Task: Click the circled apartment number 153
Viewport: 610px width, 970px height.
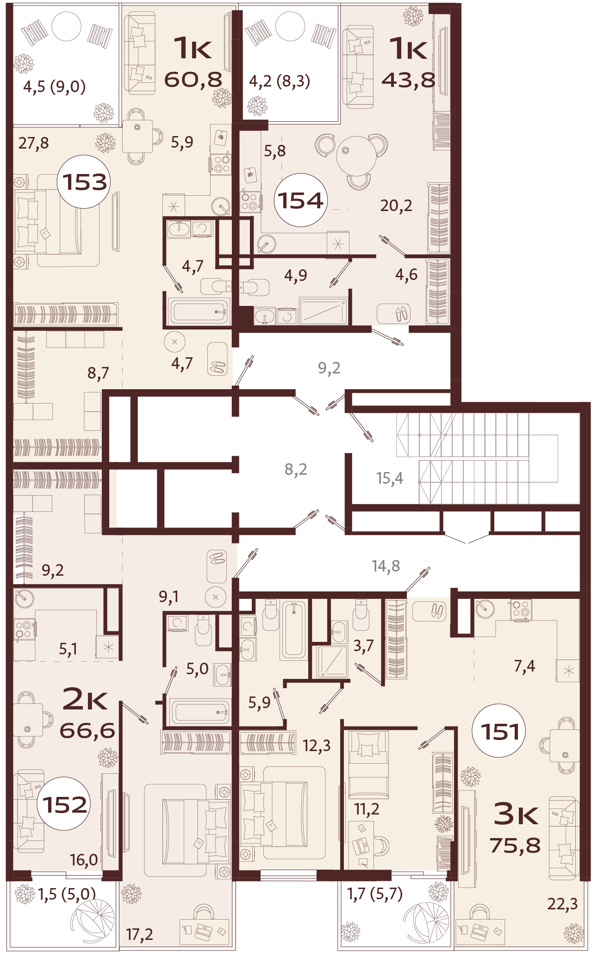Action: point(84,181)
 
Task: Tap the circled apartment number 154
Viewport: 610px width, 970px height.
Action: point(300,200)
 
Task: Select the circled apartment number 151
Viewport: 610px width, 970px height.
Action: point(499,731)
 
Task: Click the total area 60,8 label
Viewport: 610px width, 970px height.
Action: point(193,80)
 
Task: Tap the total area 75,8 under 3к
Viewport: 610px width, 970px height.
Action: point(515,845)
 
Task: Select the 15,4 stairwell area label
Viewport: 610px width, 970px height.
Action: point(389,478)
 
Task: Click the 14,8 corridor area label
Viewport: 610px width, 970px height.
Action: point(386,566)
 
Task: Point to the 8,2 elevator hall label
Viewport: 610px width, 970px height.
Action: point(296,469)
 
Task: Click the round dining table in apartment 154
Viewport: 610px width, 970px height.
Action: point(356,155)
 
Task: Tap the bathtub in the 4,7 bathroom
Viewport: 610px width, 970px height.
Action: point(199,311)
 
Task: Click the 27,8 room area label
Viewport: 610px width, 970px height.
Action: point(33,143)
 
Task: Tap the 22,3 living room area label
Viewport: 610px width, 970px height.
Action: point(562,903)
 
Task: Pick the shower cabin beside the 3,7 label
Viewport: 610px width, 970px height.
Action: point(332,661)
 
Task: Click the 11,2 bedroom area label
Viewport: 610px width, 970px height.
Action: point(367,809)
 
